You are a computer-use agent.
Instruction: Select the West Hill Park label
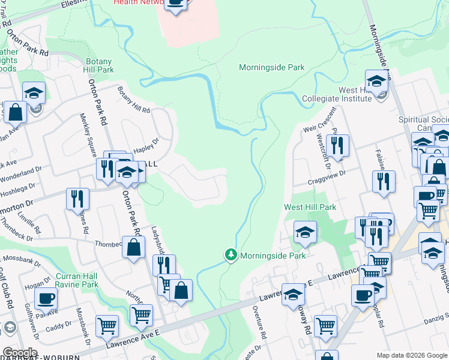[x=310, y=207]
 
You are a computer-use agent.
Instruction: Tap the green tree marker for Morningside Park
[x=231, y=255]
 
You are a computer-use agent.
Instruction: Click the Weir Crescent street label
[x=317, y=124]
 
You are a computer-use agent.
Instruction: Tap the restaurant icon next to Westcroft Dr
[x=337, y=146]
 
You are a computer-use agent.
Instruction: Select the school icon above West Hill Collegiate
[x=376, y=81]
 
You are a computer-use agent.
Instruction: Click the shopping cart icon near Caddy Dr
[x=107, y=326]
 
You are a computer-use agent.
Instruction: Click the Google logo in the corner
[x=19, y=353]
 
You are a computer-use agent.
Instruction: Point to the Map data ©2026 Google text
[x=411, y=355]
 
